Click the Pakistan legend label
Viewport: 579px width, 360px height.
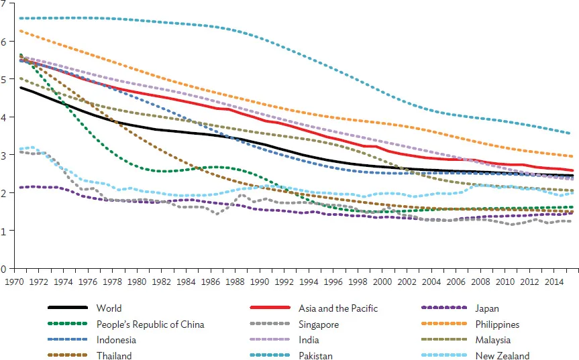coord(315,356)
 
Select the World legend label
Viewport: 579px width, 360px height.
coord(108,308)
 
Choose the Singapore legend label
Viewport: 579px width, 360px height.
coord(319,324)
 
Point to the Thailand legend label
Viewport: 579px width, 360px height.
coord(113,356)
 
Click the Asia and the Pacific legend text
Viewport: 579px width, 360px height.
coord(338,308)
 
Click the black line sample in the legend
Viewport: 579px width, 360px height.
coord(68,308)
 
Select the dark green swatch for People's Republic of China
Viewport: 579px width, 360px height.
coord(68,324)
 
